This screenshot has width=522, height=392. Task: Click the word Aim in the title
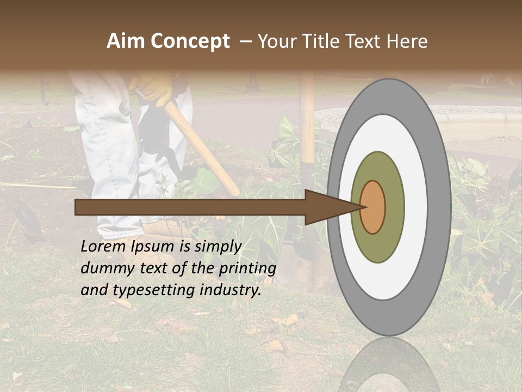(x=126, y=41)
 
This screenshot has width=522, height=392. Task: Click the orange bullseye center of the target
(x=372, y=207)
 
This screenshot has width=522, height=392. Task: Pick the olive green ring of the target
(x=378, y=245)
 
